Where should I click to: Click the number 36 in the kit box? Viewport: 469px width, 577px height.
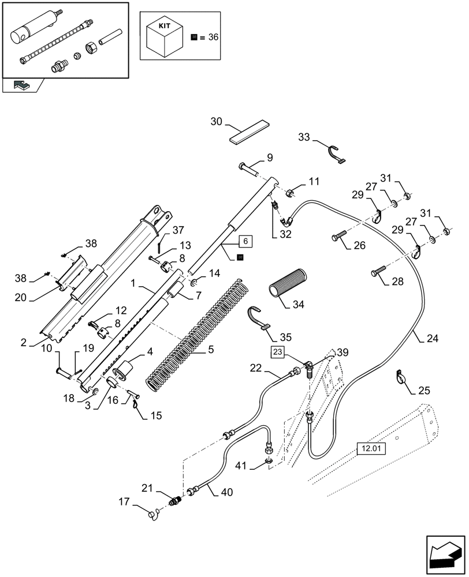pyautogui.click(x=213, y=38)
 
